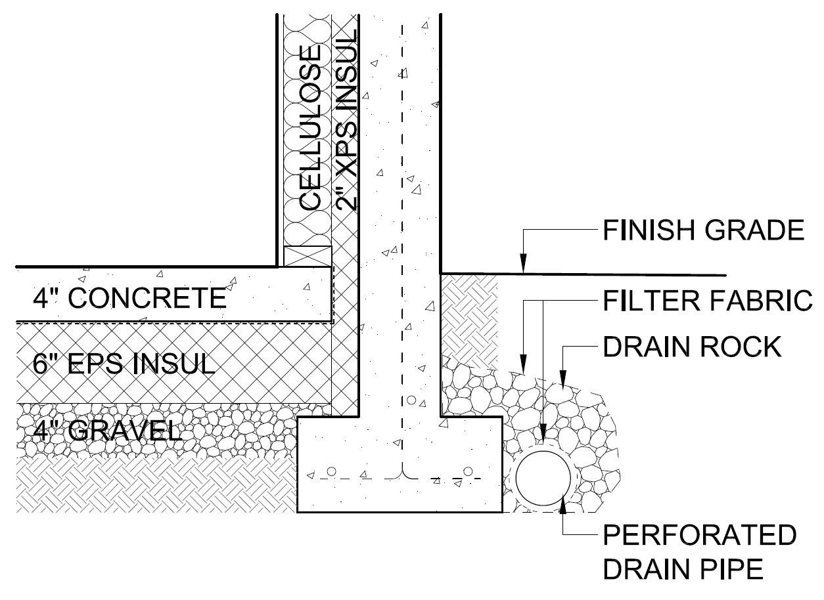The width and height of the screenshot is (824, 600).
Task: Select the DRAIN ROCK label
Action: [693, 347]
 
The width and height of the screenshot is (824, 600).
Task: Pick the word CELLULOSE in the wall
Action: [309, 127]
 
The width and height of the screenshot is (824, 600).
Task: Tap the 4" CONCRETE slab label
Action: [129, 299]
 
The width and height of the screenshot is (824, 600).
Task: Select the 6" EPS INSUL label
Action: [124, 362]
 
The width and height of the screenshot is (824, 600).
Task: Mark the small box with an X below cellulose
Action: [307, 256]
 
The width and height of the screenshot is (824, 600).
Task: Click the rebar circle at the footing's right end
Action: [469, 471]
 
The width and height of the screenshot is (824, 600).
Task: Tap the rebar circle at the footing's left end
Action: [332, 471]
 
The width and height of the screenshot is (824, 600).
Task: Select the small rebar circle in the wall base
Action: [412, 399]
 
